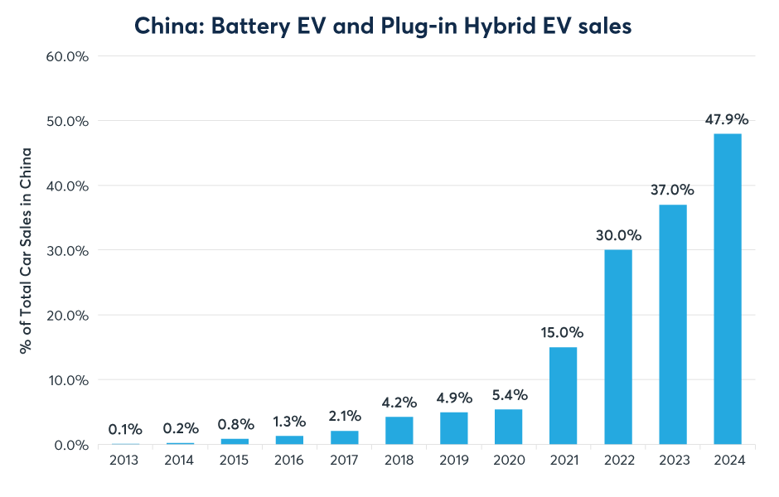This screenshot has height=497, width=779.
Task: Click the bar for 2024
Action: point(727,289)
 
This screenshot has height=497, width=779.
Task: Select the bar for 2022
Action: point(617,347)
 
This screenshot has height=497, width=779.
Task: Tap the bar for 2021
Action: point(563,396)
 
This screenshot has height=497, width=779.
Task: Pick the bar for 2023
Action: point(672,325)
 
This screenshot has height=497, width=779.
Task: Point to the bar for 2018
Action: point(399,431)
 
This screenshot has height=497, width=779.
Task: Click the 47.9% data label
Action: point(727,118)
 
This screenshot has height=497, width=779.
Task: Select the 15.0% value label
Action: point(563,332)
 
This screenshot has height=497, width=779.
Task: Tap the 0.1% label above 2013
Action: point(125,429)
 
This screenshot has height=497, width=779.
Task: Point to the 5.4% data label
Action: point(508,394)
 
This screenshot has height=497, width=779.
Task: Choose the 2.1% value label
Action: point(344,416)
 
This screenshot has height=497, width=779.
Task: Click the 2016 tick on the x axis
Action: point(289,461)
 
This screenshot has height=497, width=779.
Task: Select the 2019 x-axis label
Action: point(453,461)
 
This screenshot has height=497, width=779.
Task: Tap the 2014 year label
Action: point(180,461)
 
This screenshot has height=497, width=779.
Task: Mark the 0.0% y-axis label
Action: point(73,445)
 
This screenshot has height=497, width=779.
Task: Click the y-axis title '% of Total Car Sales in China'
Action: point(27,250)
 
